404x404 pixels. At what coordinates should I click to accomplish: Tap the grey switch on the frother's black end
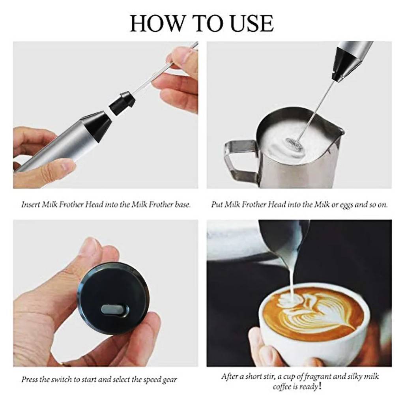point(115,309)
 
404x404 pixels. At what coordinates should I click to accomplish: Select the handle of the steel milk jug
point(239,160)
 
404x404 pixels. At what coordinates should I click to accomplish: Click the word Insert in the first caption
point(31,205)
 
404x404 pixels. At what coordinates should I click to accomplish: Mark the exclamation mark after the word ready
point(320,386)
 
